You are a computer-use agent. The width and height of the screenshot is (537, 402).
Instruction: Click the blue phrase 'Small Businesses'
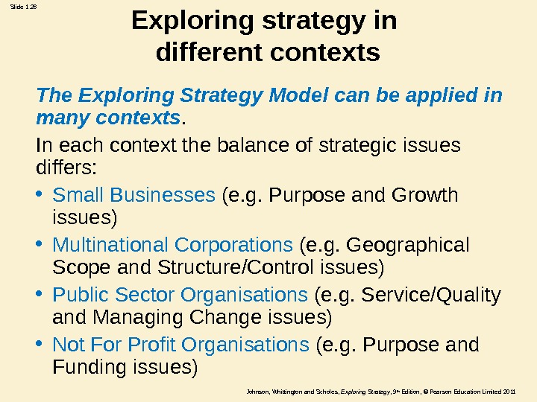[x=134, y=195]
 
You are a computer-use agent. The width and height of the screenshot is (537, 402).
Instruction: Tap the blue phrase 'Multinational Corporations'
[x=172, y=245]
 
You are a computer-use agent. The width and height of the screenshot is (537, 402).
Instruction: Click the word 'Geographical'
[x=409, y=245]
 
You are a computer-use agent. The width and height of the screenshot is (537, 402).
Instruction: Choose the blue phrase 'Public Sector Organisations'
[x=180, y=296]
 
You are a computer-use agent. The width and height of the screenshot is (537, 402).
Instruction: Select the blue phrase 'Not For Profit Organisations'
[x=180, y=345]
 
